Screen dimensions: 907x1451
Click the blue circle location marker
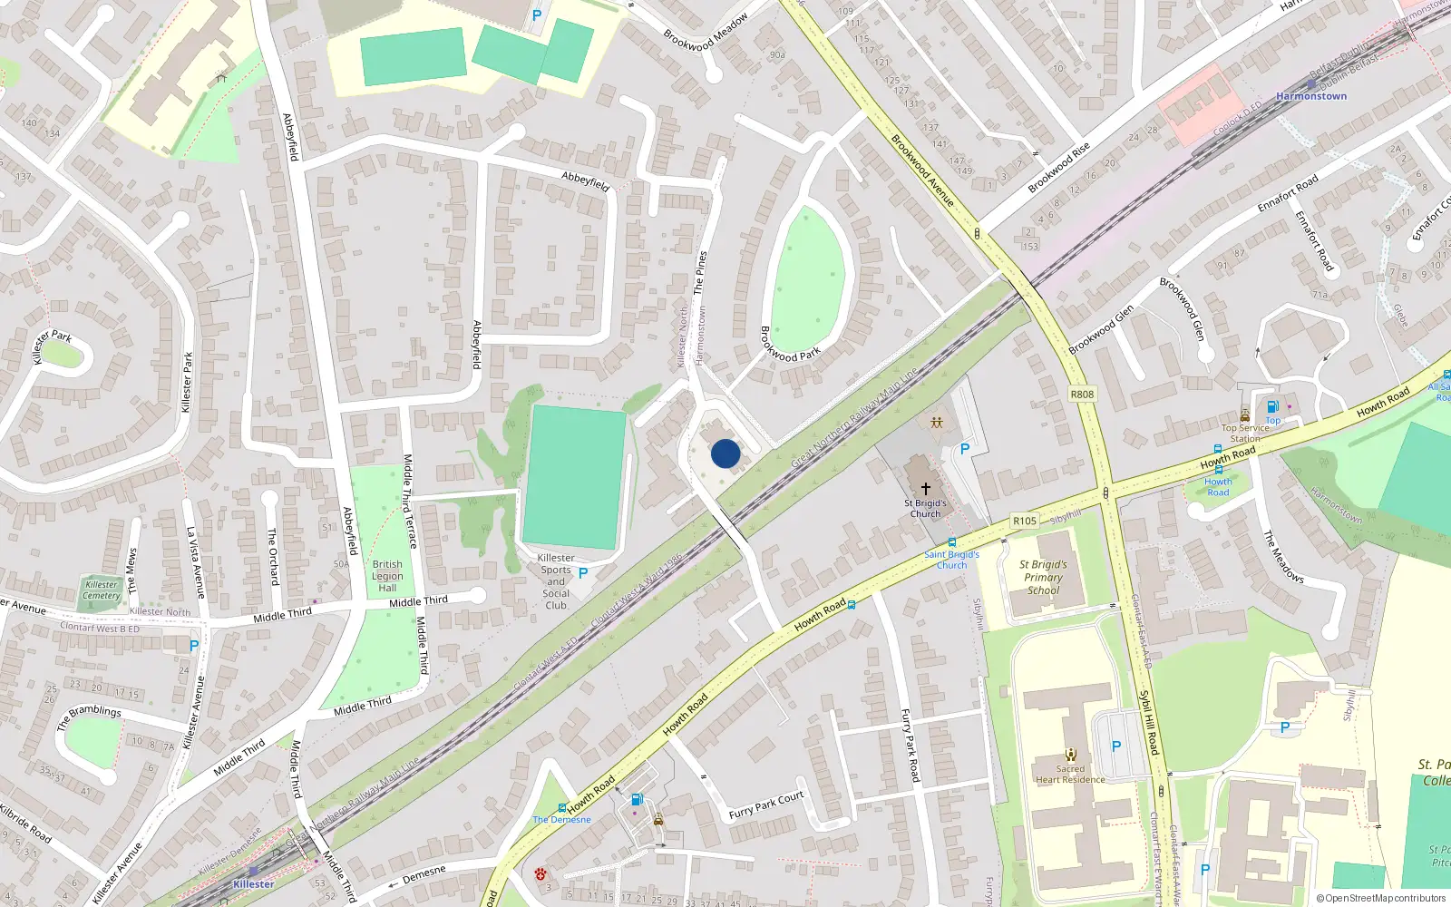click(x=725, y=453)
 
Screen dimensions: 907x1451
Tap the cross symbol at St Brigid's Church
click(x=925, y=488)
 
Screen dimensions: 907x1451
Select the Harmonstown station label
click(x=1310, y=96)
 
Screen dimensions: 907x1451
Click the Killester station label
click(x=253, y=883)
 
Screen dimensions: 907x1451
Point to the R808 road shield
click(x=1082, y=394)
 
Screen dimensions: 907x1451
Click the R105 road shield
click(x=1025, y=521)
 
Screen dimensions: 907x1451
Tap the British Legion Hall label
click(x=387, y=576)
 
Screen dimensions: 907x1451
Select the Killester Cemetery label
click(x=102, y=590)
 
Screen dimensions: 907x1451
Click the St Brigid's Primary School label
click(x=1043, y=577)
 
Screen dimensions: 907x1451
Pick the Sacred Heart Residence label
click(x=1070, y=774)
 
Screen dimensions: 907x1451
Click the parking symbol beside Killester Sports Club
click(x=583, y=573)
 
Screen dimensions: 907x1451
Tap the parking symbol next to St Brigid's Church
click(x=965, y=449)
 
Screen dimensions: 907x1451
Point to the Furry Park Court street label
click(x=766, y=805)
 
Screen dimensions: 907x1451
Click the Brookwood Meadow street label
click(x=706, y=32)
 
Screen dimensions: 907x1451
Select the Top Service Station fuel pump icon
click(x=1272, y=406)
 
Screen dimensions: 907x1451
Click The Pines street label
click(x=699, y=273)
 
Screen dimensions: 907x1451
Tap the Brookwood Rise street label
click(x=1058, y=168)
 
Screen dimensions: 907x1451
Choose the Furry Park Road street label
click(x=910, y=745)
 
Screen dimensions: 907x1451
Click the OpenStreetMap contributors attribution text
click(x=1381, y=898)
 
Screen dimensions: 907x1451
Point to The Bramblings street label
click(x=89, y=717)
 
